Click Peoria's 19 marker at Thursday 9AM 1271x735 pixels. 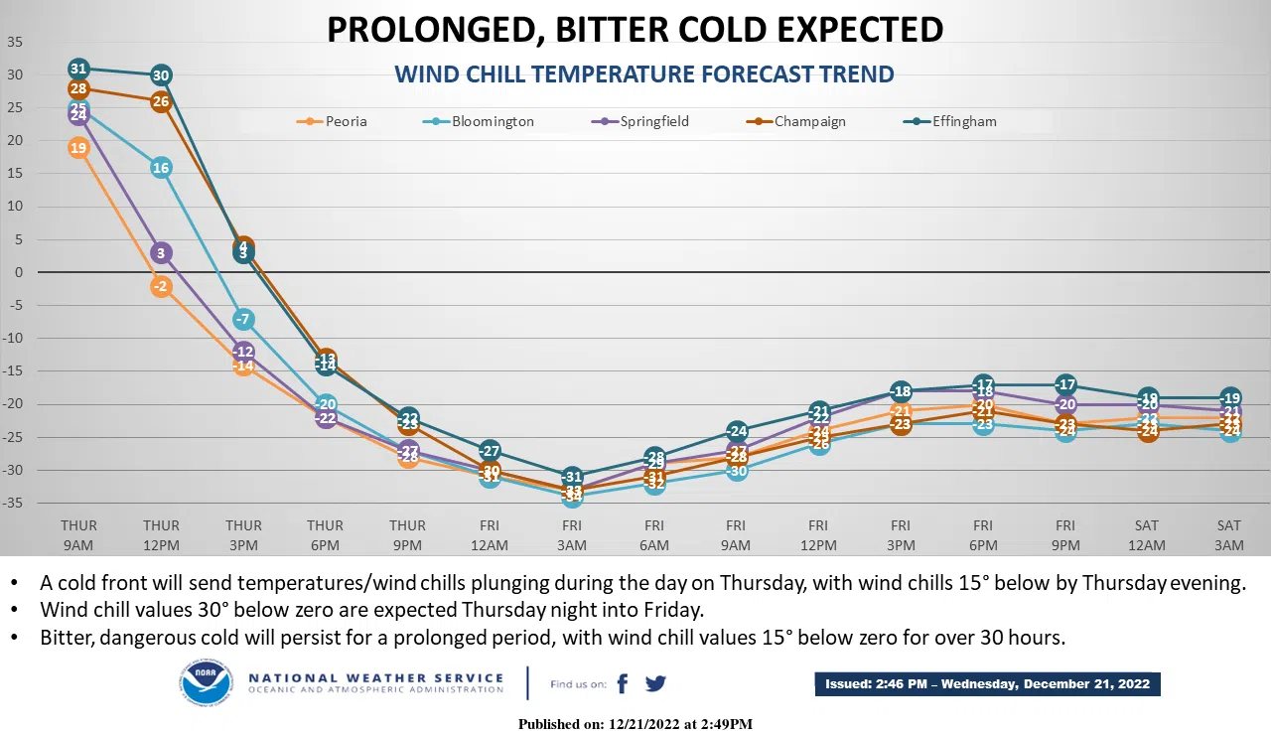(x=78, y=148)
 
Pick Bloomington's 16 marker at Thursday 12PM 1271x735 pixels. (x=161, y=168)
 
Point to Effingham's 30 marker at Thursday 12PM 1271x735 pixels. (x=161, y=75)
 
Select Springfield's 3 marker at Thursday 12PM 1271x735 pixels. (x=161, y=253)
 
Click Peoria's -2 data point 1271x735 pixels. (x=161, y=286)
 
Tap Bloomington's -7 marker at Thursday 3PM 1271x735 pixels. (x=243, y=319)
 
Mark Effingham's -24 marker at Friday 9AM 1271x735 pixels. (x=736, y=431)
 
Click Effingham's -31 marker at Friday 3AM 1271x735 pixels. (x=572, y=477)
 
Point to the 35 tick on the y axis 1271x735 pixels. (x=15, y=42)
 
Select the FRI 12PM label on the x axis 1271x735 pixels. (x=818, y=534)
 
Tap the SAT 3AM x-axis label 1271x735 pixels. (x=1229, y=534)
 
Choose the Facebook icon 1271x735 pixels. (x=623, y=683)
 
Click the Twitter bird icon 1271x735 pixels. (x=655, y=683)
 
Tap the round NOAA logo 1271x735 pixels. (x=206, y=683)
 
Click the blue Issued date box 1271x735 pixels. (x=987, y=683)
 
